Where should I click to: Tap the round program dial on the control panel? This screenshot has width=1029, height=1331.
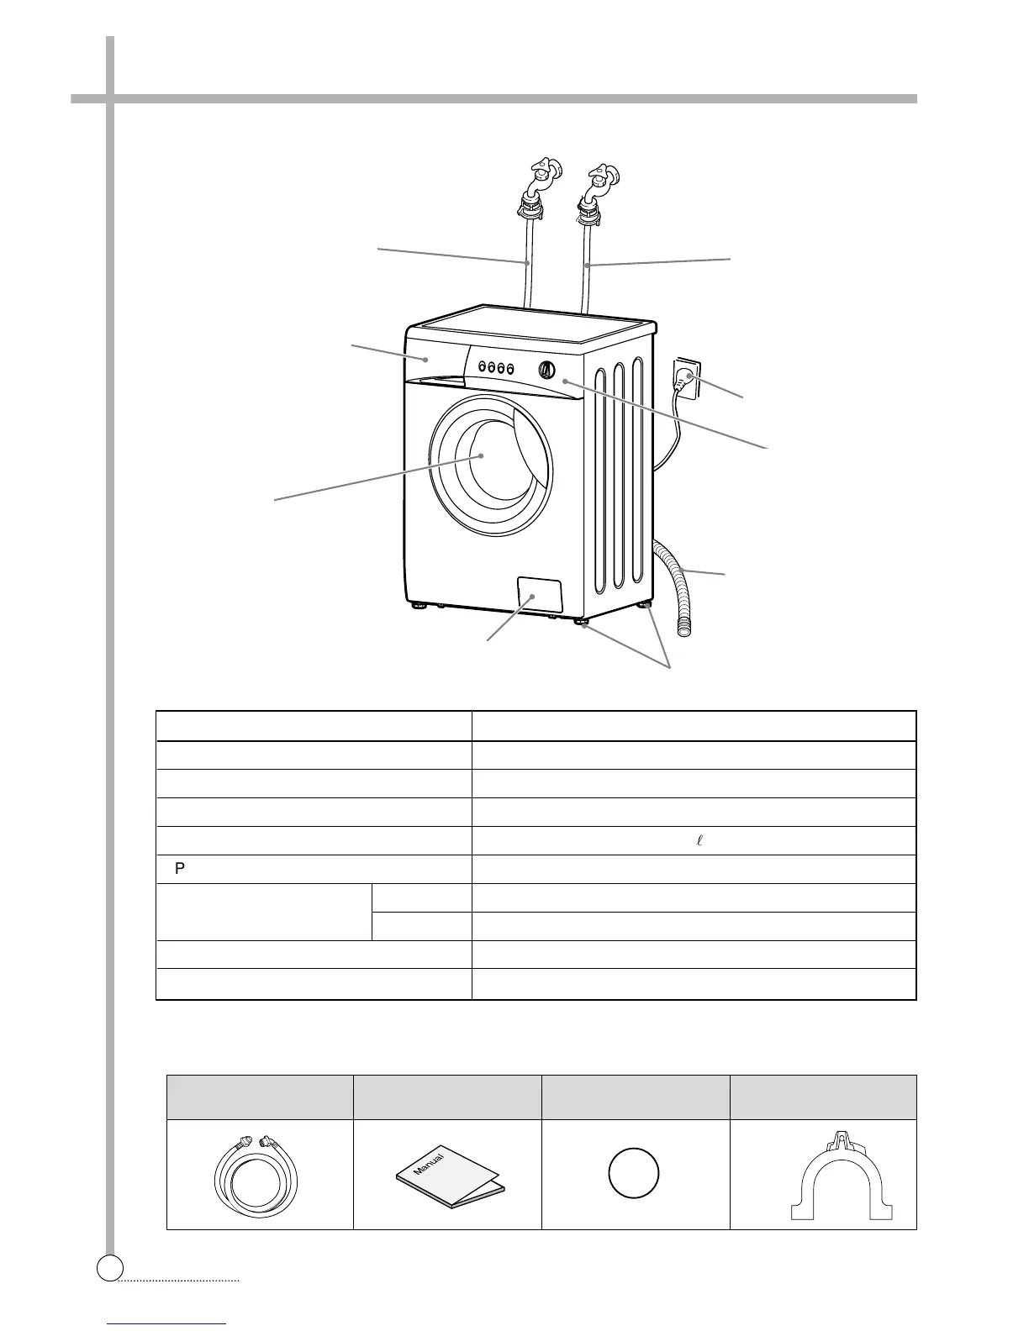546,369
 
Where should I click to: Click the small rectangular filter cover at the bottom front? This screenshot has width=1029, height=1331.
538,595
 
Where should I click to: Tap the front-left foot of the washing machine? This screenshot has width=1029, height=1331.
418,604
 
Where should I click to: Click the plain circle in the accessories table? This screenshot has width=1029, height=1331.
634,1173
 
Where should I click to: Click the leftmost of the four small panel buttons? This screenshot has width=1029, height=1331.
483,366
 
